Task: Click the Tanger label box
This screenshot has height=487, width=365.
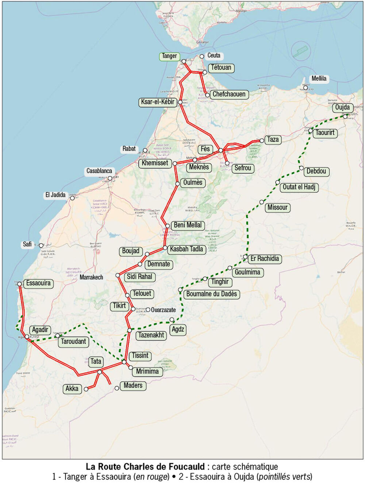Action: click(169, 56)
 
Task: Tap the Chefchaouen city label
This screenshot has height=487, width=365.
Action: click(229, 94)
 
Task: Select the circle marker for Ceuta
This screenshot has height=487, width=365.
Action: click(202, 56)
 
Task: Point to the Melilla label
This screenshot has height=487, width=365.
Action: click(319, 79)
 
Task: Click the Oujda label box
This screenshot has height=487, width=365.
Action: click(342, 107)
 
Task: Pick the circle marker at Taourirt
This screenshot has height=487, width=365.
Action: click(311, 131)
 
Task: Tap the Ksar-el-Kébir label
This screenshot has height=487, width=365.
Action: click(158, 102)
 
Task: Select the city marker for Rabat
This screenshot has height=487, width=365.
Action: click(145, 151)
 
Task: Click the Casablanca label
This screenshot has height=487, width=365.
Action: click(99, 171)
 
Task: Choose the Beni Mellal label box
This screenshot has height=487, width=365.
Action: click(188, 225)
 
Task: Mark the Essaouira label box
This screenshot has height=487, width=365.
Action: click(38, 283)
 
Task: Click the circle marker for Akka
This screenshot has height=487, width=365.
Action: click(86, 389)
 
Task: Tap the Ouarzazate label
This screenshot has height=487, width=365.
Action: click(164, 310)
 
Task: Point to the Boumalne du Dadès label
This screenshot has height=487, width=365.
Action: click(211, 294)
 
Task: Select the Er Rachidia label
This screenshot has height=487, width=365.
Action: click(265, 259)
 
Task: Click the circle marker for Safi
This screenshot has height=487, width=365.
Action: click(41, 245)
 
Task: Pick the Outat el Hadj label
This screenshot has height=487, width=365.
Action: click(299, 187)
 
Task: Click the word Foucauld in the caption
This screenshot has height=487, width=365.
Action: click(187, 467)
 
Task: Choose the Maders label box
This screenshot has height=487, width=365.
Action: click(133, 386)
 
